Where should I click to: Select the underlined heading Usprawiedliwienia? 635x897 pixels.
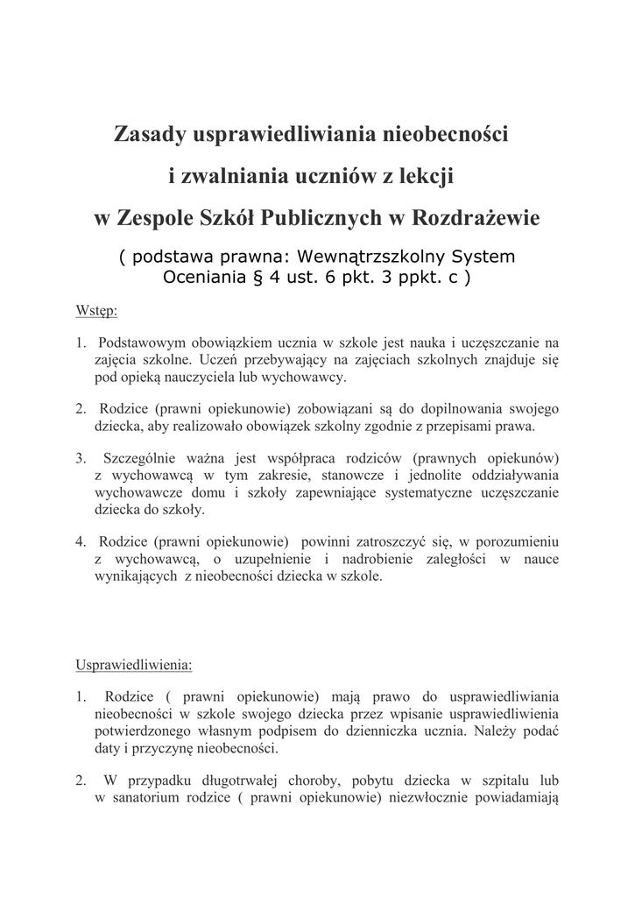pos(134,664)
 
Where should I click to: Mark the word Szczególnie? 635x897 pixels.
pos(142,458)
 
